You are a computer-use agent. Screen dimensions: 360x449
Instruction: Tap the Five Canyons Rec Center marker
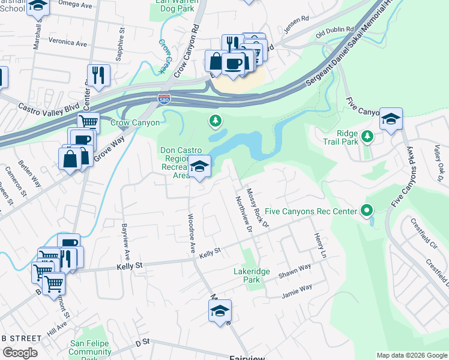366,211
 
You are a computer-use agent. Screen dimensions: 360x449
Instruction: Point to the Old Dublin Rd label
331,32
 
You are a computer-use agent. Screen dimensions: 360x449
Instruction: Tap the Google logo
19,352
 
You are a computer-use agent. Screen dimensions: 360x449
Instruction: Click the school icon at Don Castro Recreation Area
200,166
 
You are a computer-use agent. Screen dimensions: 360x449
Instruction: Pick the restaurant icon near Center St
98,74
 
